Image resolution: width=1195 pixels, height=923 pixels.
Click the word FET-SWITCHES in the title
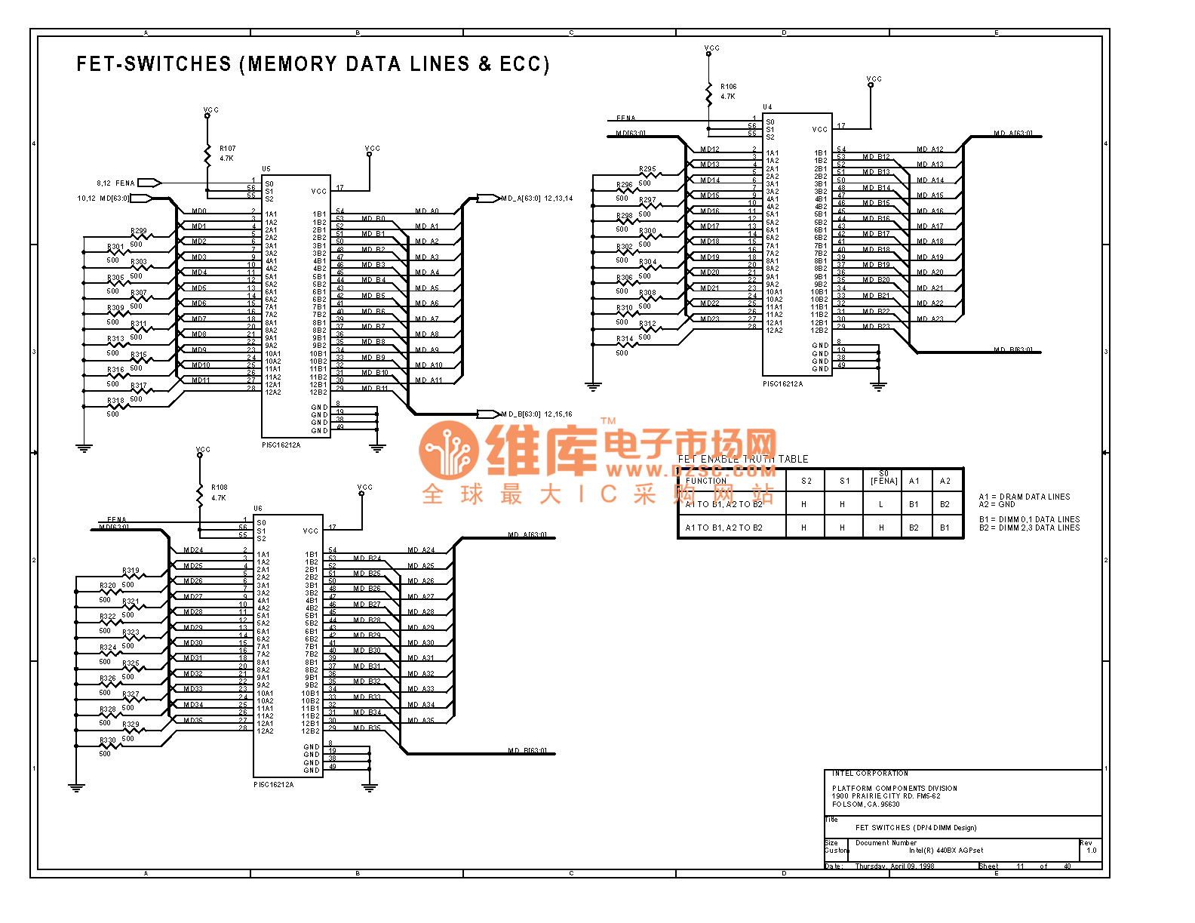[154, 64]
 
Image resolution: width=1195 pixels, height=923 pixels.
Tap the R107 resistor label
[227, 149]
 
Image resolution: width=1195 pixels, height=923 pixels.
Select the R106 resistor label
[728, 87]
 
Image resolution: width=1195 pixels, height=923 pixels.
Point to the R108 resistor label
[219, 488]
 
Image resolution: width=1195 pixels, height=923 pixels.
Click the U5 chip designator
[266, 169]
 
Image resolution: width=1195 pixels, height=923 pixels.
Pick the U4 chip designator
[767, 107]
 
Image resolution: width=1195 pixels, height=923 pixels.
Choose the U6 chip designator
[258, 509]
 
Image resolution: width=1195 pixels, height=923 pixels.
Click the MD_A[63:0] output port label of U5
[521, 198]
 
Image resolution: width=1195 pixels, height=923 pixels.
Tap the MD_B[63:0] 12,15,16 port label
[536, 414]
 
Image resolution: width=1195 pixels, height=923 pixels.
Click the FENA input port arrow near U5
[149, 183]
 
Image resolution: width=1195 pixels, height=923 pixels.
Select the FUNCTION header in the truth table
[706, 481]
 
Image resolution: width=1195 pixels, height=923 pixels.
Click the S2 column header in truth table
[806, 481]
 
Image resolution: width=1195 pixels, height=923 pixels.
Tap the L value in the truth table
[880, 504]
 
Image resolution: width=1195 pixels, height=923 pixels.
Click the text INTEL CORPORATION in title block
[870, 774]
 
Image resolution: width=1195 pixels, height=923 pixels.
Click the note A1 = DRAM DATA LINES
[1024, 497]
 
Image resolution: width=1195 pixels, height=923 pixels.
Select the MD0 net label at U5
[199, 211]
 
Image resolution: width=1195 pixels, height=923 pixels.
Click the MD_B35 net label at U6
[367, 728]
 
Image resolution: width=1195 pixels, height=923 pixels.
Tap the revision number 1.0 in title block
[1091, 851]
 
